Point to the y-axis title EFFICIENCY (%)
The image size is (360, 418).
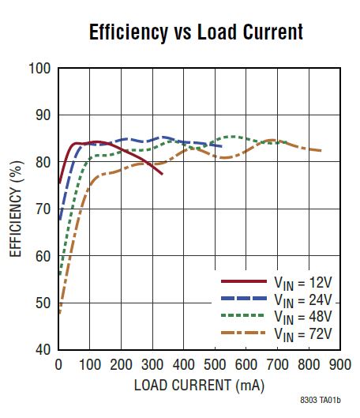tap(16, 208)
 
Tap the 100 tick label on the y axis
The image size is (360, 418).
tap(40, 70)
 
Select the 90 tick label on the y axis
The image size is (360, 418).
tap(43, 116)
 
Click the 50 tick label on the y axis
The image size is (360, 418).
tap(43, 303)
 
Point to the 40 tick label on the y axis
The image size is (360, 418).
tap(43, 350)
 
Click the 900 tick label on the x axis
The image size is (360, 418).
tap(339, 365)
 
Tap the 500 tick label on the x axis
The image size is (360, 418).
tap(215, 365)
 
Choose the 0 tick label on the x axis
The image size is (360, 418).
tap(58, 365)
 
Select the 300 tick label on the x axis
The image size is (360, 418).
tap(152, 365)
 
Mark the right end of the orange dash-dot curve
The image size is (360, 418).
tap(321, 150)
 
